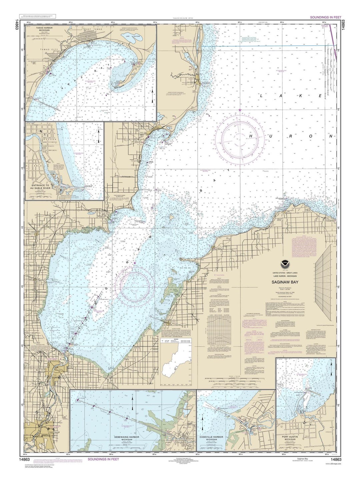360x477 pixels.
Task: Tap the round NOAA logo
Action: tap(287, 267)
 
